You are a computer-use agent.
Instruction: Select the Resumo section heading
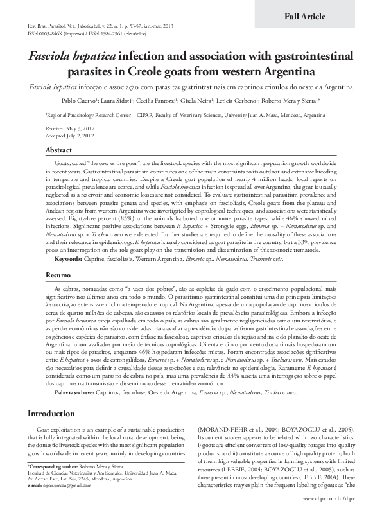coord(56,275)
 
